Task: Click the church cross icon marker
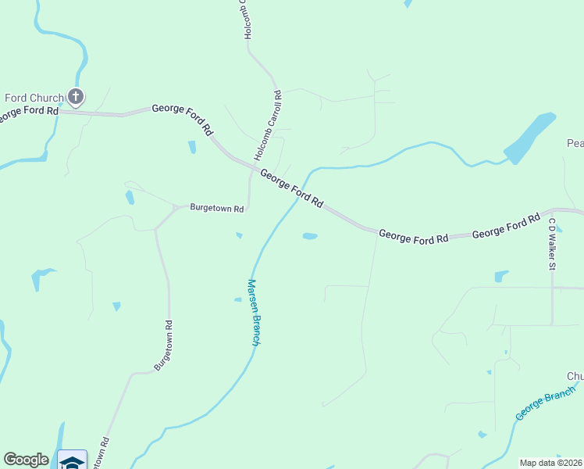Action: (75, 98)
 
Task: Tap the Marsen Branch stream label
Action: (254, 312)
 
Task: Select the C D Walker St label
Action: (551, 244)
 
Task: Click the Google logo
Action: (26, 460)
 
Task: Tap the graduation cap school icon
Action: (73, 462)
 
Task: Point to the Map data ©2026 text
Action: (550, 463)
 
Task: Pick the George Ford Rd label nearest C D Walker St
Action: (507, 226)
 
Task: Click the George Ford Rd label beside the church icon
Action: (29, 112)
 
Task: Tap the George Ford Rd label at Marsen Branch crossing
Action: (291, 188)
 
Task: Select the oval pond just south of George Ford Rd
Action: (310, 236)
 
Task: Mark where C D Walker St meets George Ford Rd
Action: (552, 211)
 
